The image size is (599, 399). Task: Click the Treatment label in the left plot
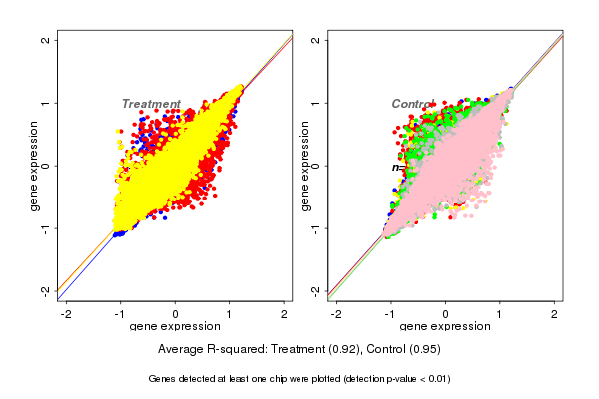(151, 104)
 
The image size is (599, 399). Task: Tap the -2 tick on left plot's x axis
(67, 315)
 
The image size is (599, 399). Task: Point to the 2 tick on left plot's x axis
(285, 315)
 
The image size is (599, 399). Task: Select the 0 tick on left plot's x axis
(176, 315)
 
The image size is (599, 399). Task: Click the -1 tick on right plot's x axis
(391, 315)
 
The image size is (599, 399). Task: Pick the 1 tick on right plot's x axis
(500, 315)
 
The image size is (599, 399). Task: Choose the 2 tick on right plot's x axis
(555, 315)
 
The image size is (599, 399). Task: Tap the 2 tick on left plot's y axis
(46, 40)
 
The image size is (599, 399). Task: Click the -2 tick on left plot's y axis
(46, 290)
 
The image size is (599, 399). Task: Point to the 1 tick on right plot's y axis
(316, 103)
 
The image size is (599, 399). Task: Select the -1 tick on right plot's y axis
(316, 228)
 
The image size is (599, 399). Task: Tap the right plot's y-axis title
(304, 166)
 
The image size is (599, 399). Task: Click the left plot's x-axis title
(176, 327)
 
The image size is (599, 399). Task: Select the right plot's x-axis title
(446, 327)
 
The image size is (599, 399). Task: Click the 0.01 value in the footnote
(436, 379)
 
